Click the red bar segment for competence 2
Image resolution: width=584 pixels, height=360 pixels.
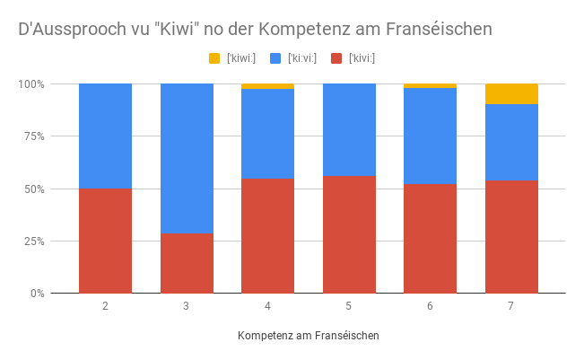click(x=105, y=241)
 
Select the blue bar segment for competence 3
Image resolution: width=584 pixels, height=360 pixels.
click(x=187, y=158)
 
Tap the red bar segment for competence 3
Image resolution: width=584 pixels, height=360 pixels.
click(x=187, y=263)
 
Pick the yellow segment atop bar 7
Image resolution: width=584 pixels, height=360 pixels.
click(x=511, y=93)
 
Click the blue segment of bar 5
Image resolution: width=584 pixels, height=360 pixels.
click(x=349, y=129)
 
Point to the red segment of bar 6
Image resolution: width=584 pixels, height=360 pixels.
click(x=430, y=238)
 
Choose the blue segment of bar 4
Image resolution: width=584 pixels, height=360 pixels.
click(x=267, y=134)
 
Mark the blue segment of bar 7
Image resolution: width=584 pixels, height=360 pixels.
click(x=511, y=142)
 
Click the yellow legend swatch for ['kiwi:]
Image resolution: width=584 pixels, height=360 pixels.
click(x=214, y=58)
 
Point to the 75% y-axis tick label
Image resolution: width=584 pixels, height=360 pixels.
click(x=34, y=136)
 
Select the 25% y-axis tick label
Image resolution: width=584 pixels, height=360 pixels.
click(x=34, y=241)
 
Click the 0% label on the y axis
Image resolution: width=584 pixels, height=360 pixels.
click(x=37, y=294)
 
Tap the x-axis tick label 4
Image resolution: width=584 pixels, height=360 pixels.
click(x=267, y=306)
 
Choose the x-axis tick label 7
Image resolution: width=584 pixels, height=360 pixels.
click(x=511, y=306)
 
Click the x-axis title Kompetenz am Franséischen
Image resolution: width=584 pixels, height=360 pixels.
click(x=309, y=335)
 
